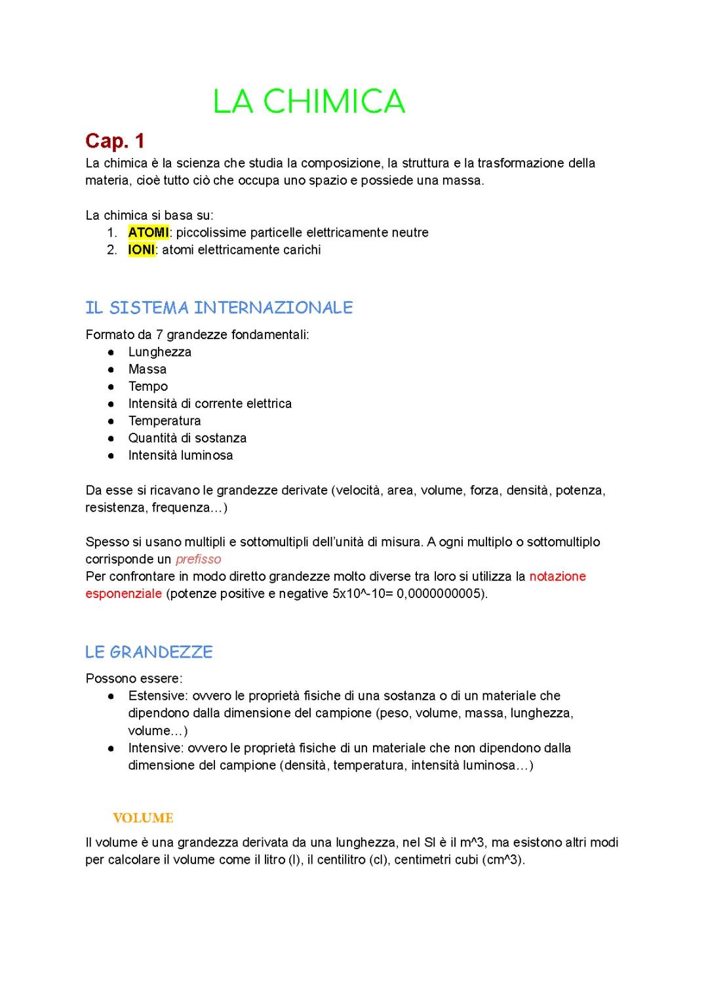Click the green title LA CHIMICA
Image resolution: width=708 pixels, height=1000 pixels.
pyautogui.click(x=309, y=102)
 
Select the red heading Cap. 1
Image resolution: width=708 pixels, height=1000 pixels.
pyautogui.click(x=115, y=141)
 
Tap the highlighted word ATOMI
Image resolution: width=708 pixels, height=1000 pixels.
pyautogui.click(x=148, y=232)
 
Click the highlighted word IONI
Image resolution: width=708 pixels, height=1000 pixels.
pyautogui.click(x=141, y=250)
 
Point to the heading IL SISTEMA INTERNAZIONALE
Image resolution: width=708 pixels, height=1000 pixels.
pyautogui.click(x=219, y=308)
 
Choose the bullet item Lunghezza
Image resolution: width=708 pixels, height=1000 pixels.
pyautogui.click(x=159, y=352)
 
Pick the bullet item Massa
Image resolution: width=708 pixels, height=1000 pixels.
pyautogui.click(x=147, y=369)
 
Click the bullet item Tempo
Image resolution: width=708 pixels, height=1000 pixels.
pyautogui.click(x=147, y=386)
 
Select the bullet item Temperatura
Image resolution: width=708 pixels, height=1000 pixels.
pyautogui.click(x=164, y=421)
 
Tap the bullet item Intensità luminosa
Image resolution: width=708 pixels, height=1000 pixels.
pyautogui.click(x=180, y=455)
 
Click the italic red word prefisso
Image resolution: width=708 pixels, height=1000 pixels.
pyautogui.click(x=198, y=559)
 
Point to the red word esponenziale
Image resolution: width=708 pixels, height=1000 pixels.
pyautogui.click(x=123, y=593)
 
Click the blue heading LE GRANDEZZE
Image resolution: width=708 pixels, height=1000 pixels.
pyautogui.click(x=149, y=652)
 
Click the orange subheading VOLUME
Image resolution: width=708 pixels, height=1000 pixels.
pyautogui.click(x=143, y=818)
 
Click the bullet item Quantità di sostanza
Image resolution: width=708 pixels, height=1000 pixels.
pyautogui.click(x=187, y=438)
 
